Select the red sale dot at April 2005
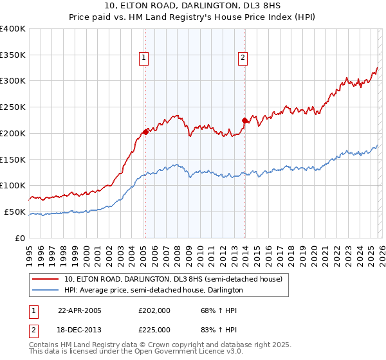click(x=145, y=131)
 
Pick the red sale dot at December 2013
click(x=244, y=120)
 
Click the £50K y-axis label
click(x=14, y=212)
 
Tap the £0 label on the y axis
click(x=19, y=238)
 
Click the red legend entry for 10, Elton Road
click(x=172, y=279)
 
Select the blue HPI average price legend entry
click(x=153, y=290)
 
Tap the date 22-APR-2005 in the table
click(x=80, y=310)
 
